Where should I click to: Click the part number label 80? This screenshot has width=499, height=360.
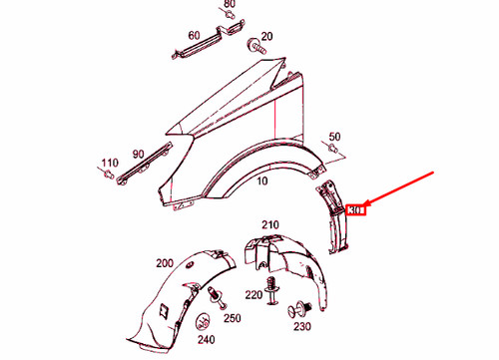(x=230, y=5)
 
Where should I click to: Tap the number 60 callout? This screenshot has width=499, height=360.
(x=195, y=36)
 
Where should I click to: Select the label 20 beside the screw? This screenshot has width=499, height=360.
(x=266, y=36)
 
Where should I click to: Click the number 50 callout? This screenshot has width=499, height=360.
(x=335, y=137)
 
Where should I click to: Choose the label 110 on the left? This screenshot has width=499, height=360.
(x=109, y=162)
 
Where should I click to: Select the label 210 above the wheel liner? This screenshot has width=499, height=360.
(x=271, y=224)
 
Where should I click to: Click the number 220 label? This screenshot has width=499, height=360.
(x=252, y=295)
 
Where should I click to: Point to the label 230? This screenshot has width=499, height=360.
(x=300, y=327)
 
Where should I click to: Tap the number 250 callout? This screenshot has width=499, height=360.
(x=233, y=318)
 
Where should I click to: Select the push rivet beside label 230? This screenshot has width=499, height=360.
(x=294, y=307)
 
